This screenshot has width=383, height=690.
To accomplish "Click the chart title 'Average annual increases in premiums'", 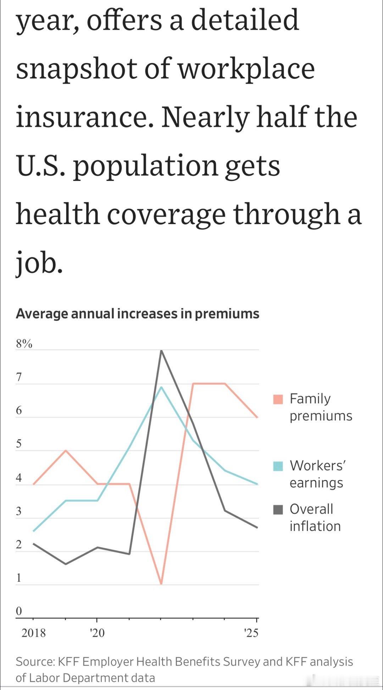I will (137, 314).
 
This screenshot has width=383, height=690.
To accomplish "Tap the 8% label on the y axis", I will (24, 343).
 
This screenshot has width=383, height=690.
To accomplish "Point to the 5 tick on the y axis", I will (19, 444).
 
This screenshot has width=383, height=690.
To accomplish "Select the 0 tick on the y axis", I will (19, 611).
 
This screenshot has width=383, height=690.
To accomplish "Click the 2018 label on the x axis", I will (34, 633).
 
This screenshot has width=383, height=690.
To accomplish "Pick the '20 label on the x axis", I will (97, 633).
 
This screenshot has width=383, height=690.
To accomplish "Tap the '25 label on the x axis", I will (251, 633).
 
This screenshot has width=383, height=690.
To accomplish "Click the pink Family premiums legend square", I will (278, 399).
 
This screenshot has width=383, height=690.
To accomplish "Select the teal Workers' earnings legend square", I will (278, 466).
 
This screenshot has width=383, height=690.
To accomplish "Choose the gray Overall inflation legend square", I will (278, 509).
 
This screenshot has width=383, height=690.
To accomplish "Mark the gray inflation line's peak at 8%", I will (161, 350).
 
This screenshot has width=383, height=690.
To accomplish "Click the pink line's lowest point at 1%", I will (161, 584).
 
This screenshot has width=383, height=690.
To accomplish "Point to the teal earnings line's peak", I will (161, 387).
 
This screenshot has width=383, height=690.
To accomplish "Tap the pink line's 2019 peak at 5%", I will (66, 451).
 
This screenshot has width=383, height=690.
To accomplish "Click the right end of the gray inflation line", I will (257, 528).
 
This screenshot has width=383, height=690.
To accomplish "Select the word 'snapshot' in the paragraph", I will (77, 68).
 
